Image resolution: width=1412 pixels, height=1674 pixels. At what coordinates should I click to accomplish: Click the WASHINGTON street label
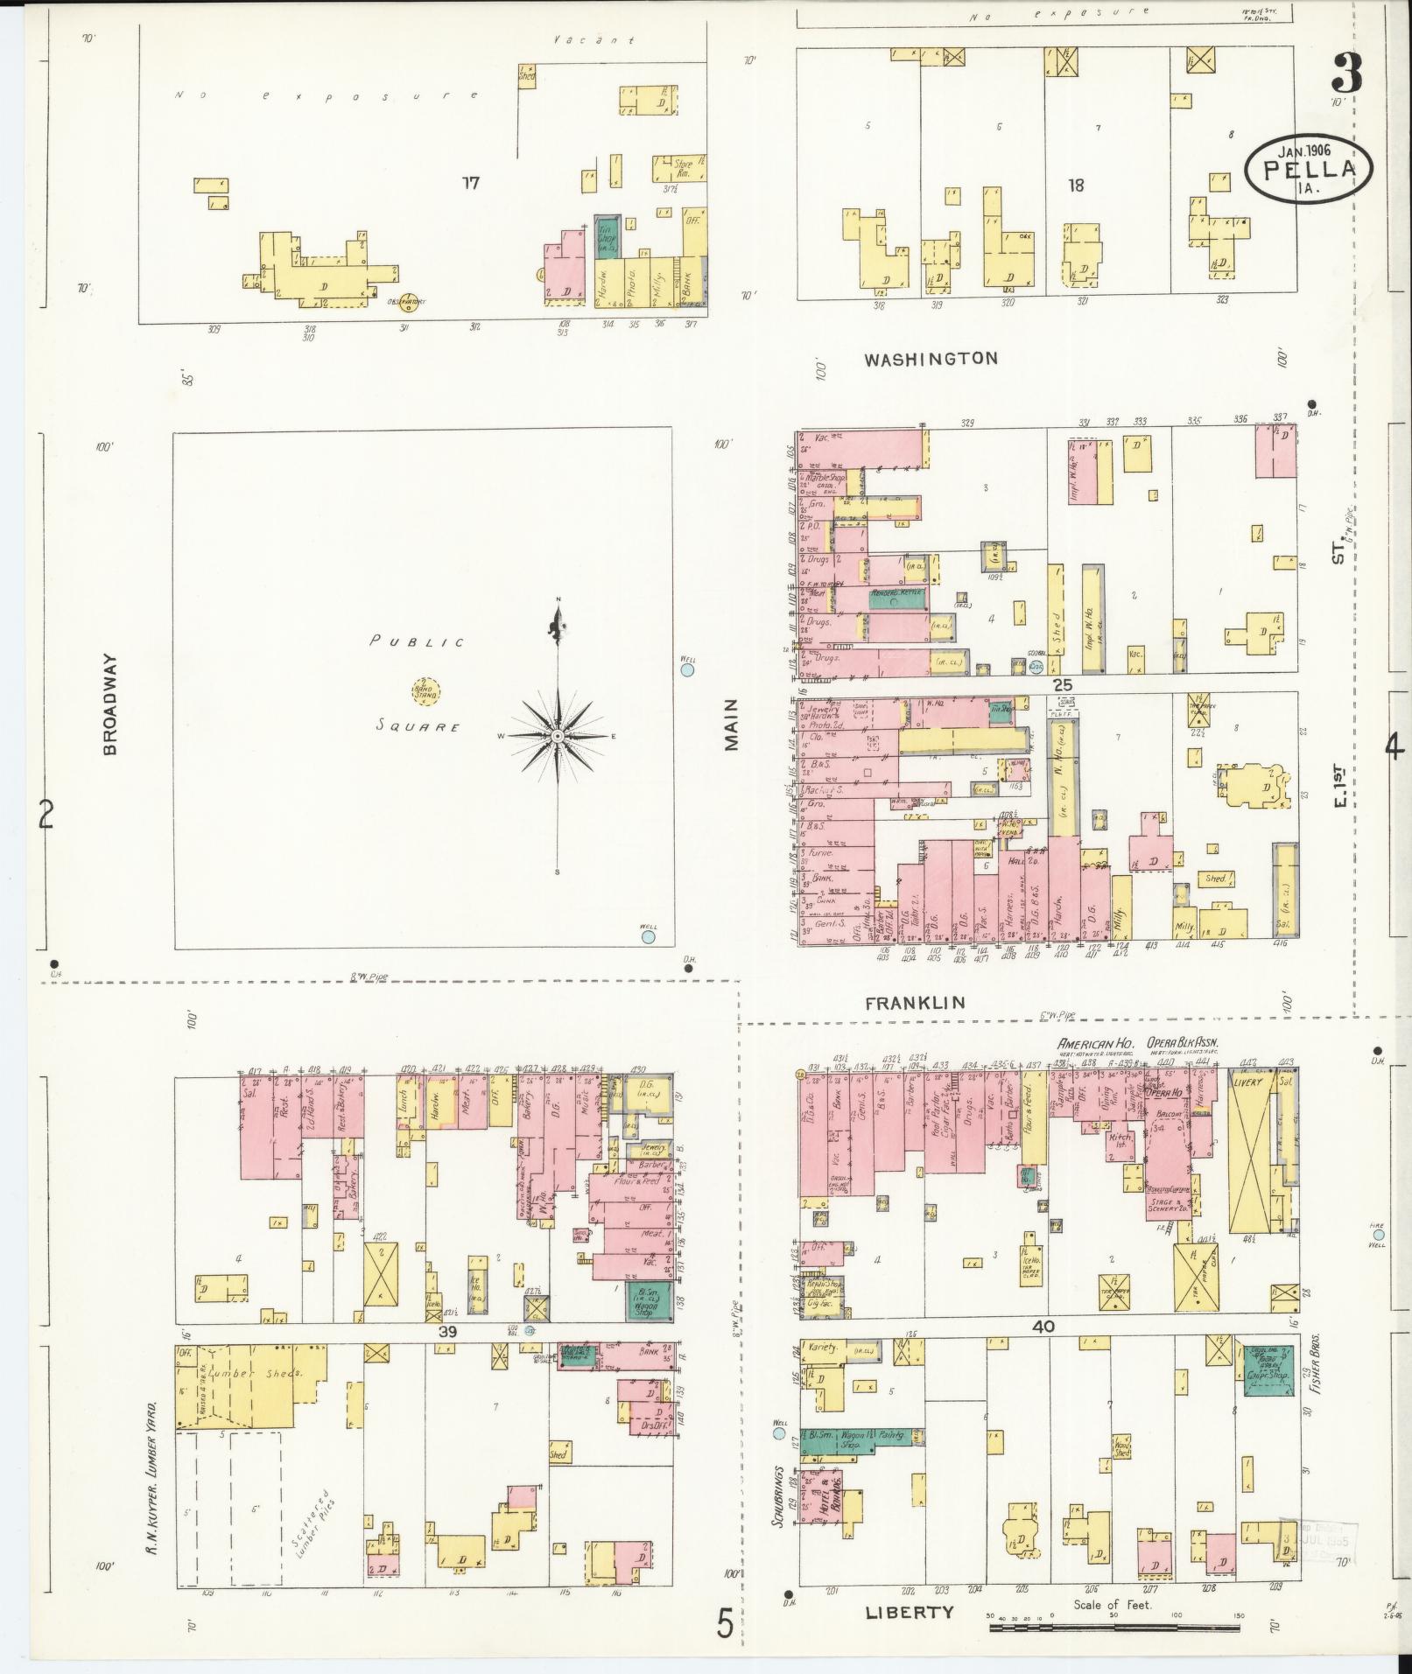931,358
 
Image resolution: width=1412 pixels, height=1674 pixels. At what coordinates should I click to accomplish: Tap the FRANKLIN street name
915,1004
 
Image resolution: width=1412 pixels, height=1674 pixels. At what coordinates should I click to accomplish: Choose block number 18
1076,186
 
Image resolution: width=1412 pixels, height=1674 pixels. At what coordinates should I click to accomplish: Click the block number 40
1043,1327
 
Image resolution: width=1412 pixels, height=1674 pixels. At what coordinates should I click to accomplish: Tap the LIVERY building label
1249,1082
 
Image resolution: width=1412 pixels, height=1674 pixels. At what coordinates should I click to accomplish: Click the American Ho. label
1095,1044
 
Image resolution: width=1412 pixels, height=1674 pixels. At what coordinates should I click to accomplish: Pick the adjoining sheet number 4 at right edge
1393,746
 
